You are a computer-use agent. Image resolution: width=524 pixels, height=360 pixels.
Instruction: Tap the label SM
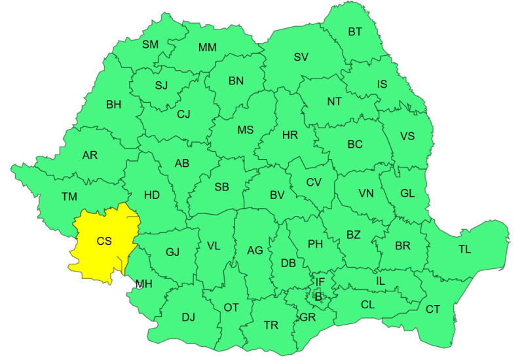pyautogui.click(x=151, y=44)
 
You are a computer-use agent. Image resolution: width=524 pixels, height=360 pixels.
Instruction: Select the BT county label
pyautogui.click(x=355, y=31)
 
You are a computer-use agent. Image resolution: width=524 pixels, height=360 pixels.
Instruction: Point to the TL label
pyautogui.click(x=464, y=249)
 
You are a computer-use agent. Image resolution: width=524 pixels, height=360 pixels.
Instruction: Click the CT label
pyautogui.click(x=433, y=309)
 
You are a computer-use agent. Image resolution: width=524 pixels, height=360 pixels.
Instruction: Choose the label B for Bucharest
pyautogui.click(x=319, y=297)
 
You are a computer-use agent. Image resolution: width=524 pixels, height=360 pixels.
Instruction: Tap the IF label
pyautogui.click(x=320, y=282)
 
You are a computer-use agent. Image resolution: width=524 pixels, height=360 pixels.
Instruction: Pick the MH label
pyautogui.click(x=144, y=283)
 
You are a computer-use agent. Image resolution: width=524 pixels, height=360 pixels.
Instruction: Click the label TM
pyautogui.click(x=69, y=196)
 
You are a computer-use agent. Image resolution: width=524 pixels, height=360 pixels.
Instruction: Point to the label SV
pyautogui.click(x=301, y=57)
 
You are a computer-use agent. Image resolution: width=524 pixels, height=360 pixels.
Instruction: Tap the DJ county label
pyautogui.click(x=189, y=317)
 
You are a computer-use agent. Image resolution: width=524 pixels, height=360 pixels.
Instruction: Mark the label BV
pyautogui.click(x=277, y=194)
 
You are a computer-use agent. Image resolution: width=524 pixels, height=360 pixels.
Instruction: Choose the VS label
pyautogui.click(x=407, y=136)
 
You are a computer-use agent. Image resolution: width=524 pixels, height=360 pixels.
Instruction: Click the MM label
pyautogui.click(x=208, y=47)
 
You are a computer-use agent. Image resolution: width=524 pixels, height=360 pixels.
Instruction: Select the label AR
pyautogui.click(x=90, y=156)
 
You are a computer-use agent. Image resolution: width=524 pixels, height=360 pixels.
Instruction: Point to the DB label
pyautogui.click(x=288, y=263)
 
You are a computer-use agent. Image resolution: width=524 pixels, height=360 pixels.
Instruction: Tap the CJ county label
pyautogui.click(x=183, y=114)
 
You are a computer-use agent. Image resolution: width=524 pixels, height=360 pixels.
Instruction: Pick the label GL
pyautogui.click(x=407, y=193)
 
